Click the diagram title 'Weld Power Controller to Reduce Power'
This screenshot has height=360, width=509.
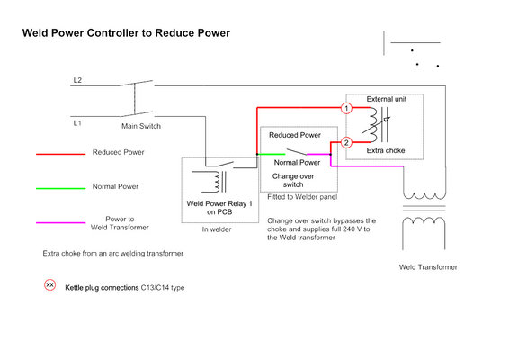point(126,33)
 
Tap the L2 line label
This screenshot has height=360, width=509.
point(77,80)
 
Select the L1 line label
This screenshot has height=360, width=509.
point(77,123)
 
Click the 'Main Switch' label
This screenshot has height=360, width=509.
point(141,126)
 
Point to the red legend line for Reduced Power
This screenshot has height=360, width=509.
point(61,154)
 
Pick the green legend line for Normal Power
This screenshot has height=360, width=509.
point(61,188)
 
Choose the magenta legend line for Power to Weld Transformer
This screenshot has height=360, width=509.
point(61,223)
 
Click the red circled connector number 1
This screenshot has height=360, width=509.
point(346,108)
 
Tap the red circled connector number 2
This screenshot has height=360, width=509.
point(346,142)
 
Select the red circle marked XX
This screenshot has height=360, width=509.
point(50,285)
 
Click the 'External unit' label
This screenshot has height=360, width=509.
point(387,99)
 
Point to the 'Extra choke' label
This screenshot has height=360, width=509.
point(386,150)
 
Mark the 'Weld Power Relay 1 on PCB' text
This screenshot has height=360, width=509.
point(219,208)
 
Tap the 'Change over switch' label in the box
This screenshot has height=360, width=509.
point(293,180)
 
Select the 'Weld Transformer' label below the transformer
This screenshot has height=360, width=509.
point(428,267)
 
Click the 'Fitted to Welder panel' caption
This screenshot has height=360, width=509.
point(302,197)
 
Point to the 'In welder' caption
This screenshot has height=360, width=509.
point(217,229)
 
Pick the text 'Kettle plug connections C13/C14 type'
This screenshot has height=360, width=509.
point(125,288)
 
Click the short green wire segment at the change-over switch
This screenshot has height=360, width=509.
point(271,154)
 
